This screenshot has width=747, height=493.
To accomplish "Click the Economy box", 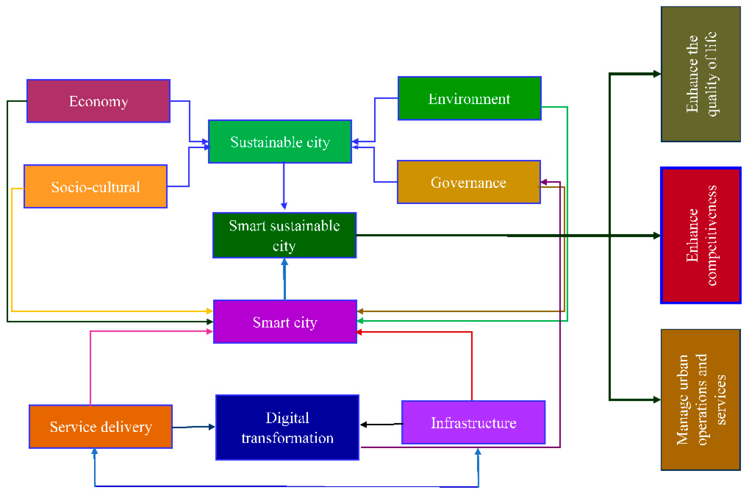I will click(98, 101).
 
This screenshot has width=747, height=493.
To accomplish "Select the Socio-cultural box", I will click(95, 186).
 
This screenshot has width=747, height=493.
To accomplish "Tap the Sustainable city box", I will click(280, 141).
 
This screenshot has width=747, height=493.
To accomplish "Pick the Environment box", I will click(469, 98).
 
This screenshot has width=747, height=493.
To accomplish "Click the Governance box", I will click(469, 182).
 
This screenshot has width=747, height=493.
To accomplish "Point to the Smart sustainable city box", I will click(285, 235).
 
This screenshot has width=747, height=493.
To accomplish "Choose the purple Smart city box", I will click(285, 322).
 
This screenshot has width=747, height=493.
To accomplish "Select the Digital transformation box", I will click(287, 427).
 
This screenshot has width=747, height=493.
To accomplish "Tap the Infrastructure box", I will click(473, 422).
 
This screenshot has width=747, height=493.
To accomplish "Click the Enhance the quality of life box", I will click(700, 74).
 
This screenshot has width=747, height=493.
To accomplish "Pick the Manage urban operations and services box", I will click(700, 400).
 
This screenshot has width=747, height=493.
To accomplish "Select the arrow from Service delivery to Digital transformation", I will click(193, 427).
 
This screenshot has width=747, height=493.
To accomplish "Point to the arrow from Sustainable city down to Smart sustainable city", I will click(284, 186).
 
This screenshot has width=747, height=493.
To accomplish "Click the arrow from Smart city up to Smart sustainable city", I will click(285, 278).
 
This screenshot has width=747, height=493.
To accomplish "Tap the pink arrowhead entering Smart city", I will click(210, 331).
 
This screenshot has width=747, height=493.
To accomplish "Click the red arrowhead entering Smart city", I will click(359, 332).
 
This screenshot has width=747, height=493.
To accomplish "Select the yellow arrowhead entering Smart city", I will click(210, 311).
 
